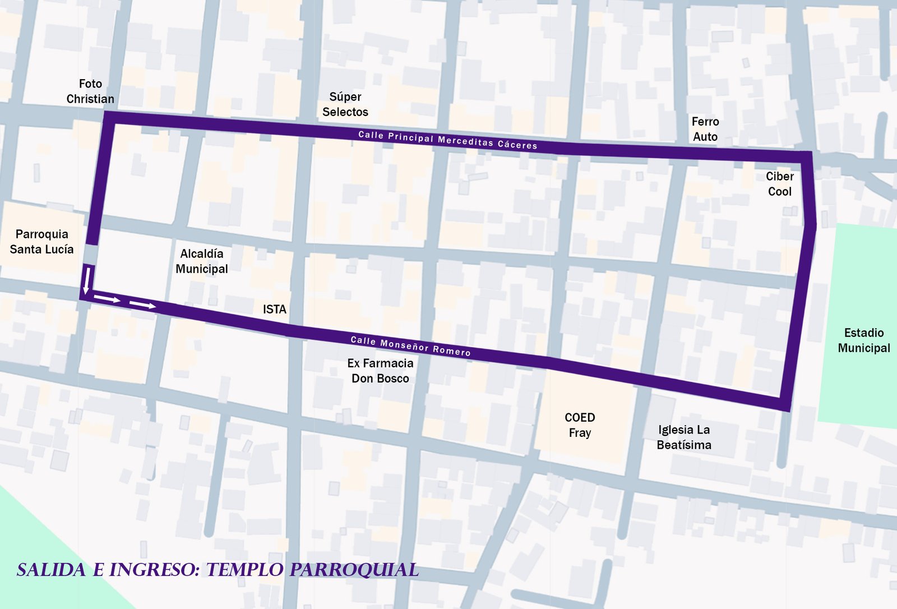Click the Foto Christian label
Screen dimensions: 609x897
tap(90, 91)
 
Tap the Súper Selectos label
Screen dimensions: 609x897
tap(345, 104)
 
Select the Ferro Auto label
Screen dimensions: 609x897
tap(705, 129)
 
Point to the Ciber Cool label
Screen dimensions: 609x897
tap(780, 184)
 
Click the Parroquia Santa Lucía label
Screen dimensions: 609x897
tap(41, 242)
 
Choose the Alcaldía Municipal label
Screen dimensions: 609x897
tap(202, 261)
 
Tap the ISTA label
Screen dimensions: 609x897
tap(275, 309)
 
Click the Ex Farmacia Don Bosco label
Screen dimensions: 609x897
tap(380, 371)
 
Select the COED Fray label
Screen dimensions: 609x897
tap(580, 425)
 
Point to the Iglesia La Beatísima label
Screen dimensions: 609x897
tap(684, 437)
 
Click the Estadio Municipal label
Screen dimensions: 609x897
tap(864, 340)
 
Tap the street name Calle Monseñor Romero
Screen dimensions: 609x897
tap(410, 346)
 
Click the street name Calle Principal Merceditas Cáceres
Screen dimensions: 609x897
tap(447, 140)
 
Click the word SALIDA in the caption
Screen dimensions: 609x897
tap(51, 570)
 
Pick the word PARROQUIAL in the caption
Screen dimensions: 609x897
tap(354, 570)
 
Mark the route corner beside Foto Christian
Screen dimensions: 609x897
tap(109, 117)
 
